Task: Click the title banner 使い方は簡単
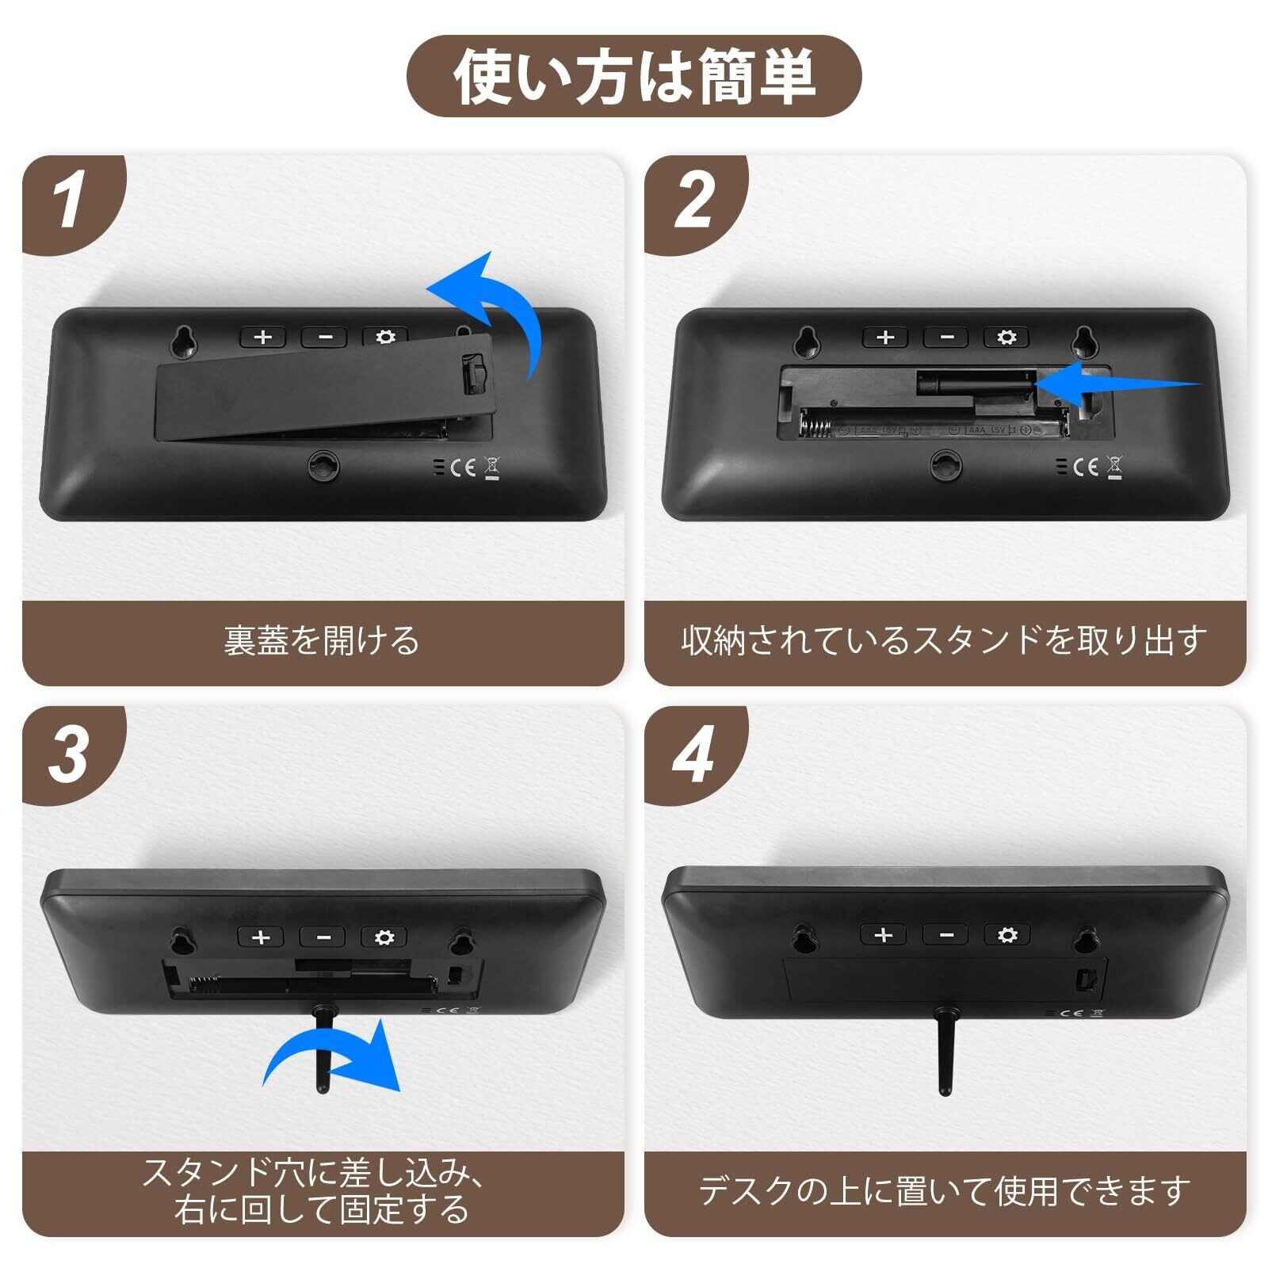[634, 77]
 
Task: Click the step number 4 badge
[693, 754]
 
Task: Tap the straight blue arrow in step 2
[1117, 384]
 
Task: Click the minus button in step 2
[946, 338]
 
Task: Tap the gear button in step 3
[384, 938]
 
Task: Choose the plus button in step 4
[884, 935]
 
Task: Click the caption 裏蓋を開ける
[321, 640]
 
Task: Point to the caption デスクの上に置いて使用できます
[945, 1191]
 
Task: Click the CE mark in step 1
[463, 468]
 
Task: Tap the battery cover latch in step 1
[474, 373]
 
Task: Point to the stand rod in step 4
[944, 1051]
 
